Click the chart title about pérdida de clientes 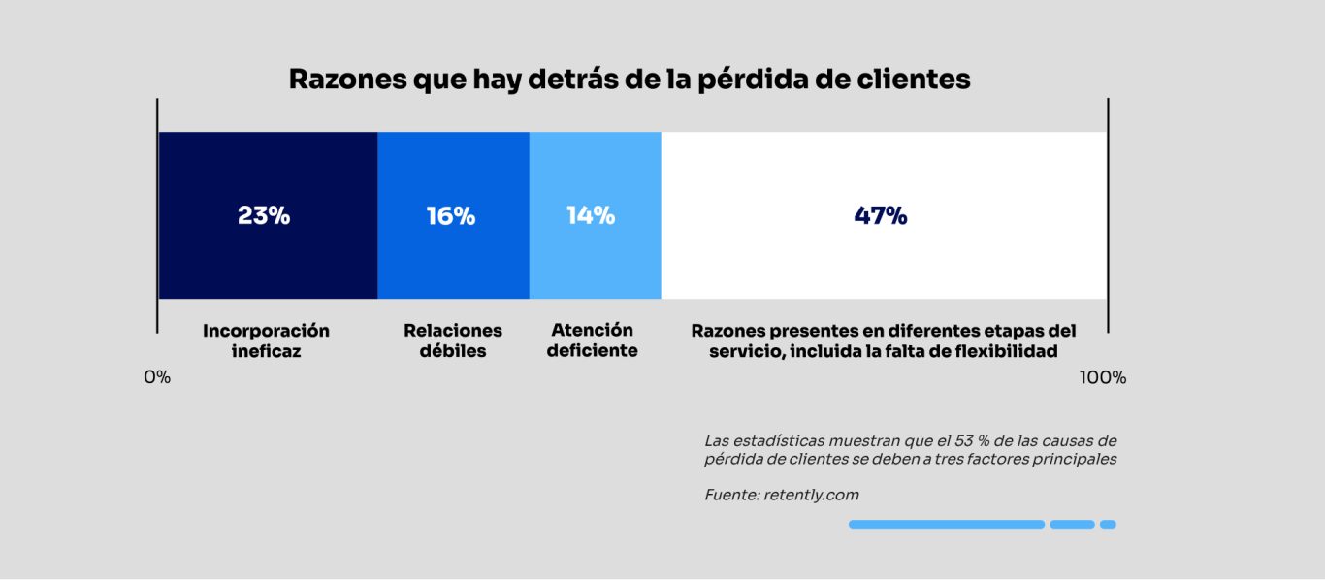(x=630, y=80)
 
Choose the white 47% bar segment (x=883, y=262)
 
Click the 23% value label (x=264, y=216)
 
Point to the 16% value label (x=451, y=216)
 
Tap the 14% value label (x=591, y=216)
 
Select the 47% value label (x=881, y=216)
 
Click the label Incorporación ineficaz (x=266, y=341)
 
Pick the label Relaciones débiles (x=453, y=341)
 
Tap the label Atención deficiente (x=592, y=340)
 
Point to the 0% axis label (x=157, y=377)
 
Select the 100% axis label (x=1103, y=377)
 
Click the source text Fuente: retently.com (x=782, y=495)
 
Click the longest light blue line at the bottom (x=947, y=525)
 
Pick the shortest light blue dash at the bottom (x=1108, y=525)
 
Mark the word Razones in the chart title (x=346, y=80)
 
